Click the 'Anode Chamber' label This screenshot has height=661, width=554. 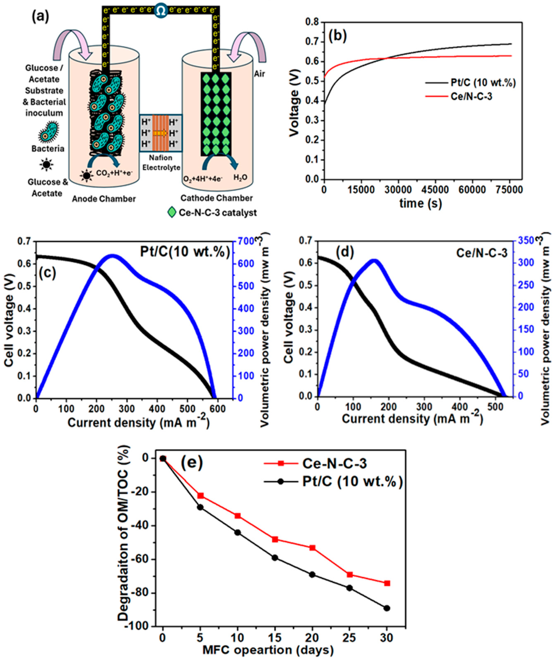[x=104, y=199]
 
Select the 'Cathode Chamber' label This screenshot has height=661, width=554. [x=217, y=198]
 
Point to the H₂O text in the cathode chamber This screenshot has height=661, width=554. [x=240, y=178]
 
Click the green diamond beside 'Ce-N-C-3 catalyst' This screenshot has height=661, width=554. [x=172, y=212]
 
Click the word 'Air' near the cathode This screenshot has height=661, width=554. [x=260, y=74]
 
